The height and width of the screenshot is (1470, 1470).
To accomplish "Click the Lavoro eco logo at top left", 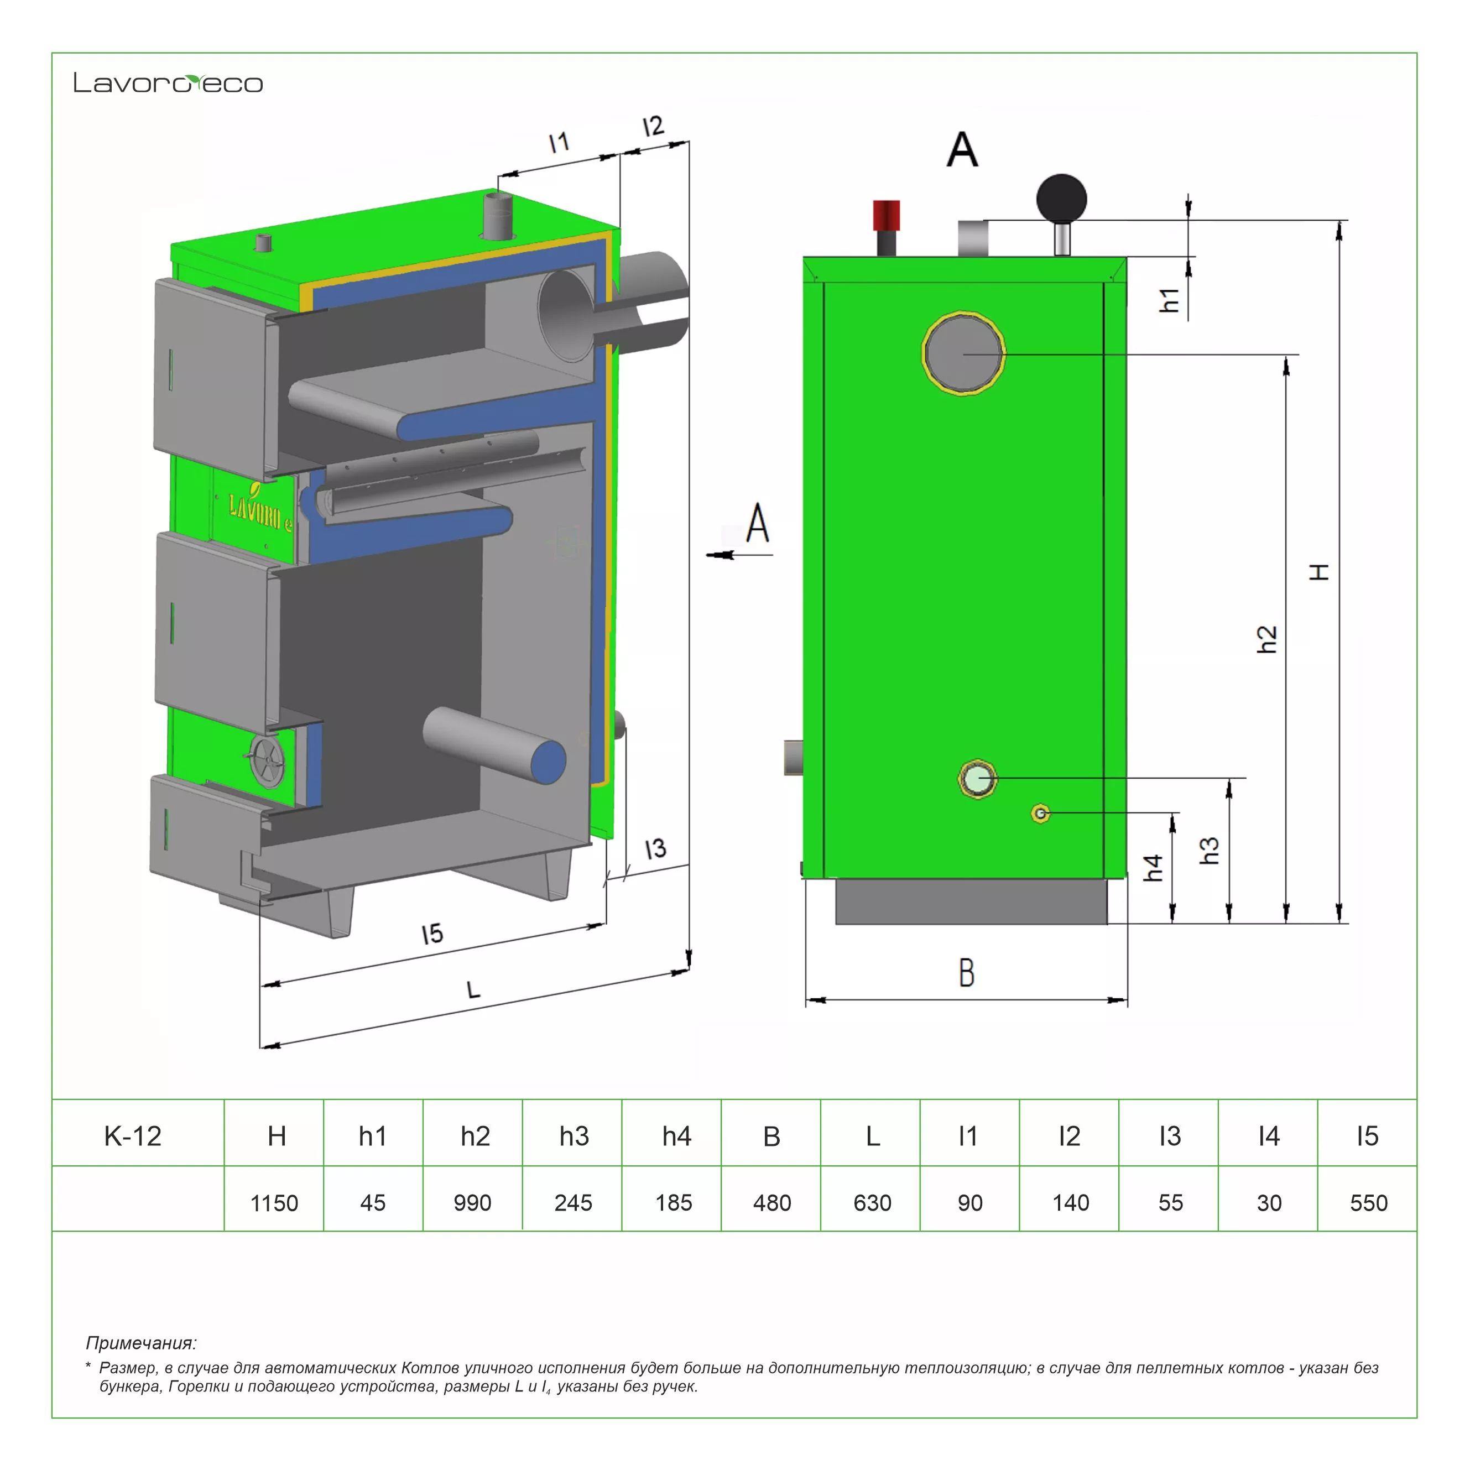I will pyautogui.click(x=168, y=83).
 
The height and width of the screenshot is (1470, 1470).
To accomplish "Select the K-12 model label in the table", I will pyautogui.click(x=133, y=1136).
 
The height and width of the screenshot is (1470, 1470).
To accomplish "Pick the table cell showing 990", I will pyautogui.click(x=472, y=1203).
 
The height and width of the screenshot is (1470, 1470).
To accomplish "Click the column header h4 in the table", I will pyautogui.click(x=676, y=1136).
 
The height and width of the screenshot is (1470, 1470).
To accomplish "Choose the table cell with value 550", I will pyautogui.click(x=1368, y=1203).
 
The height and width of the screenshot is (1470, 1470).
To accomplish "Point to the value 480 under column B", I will pyautogui.click(x=772, y=1203).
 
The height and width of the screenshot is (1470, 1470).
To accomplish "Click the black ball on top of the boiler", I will pyautogui.click(x=1061, y=199).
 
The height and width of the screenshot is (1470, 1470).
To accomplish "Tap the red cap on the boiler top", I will pyautogui.click(x=887, y=214).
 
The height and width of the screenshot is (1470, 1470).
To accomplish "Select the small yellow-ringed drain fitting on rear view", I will pyautogui.click(x=1041, y=814).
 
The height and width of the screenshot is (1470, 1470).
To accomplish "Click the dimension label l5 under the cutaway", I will pyautogui.click(x=432, y=934).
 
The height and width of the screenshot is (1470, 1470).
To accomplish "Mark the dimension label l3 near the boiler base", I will pyautogui.click(x=655, y=848).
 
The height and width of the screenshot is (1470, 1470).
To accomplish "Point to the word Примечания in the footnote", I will pyautogui.click(x=142, y=1343).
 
